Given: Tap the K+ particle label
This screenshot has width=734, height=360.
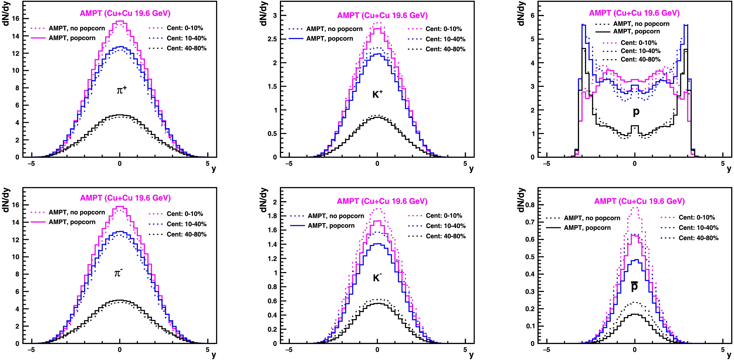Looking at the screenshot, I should click(x=378, y=94).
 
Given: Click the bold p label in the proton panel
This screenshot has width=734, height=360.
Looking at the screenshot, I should click(x=636, y=112).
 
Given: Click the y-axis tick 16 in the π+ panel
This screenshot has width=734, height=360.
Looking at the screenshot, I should click(x=16, y=19).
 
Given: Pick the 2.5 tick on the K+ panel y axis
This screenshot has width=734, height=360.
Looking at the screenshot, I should click(x=272, y=39).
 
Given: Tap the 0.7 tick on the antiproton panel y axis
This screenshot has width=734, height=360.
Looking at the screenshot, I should click(x=530, y=222).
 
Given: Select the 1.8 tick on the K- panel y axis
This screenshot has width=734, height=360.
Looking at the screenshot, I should click(x=272, y=216).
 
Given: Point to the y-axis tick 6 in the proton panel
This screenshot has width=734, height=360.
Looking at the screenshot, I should click(x=533, y=15).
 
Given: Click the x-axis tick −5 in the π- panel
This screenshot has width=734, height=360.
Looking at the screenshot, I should click(x=31, y=350).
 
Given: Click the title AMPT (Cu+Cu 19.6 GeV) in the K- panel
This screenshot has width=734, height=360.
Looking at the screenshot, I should click(x=382, y=201).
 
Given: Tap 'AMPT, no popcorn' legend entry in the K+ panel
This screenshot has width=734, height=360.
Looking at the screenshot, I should click(x=334, y=29).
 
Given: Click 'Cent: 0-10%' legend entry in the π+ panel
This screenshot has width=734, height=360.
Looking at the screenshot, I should click(x=185, y=28).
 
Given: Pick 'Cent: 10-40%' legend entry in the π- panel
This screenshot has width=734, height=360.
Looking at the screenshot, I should click(x=186, y=224).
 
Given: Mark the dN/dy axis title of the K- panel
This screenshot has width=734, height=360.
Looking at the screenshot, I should click(x=263, y=200).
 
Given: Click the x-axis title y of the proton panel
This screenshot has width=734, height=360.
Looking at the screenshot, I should click(x=729, y=169).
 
